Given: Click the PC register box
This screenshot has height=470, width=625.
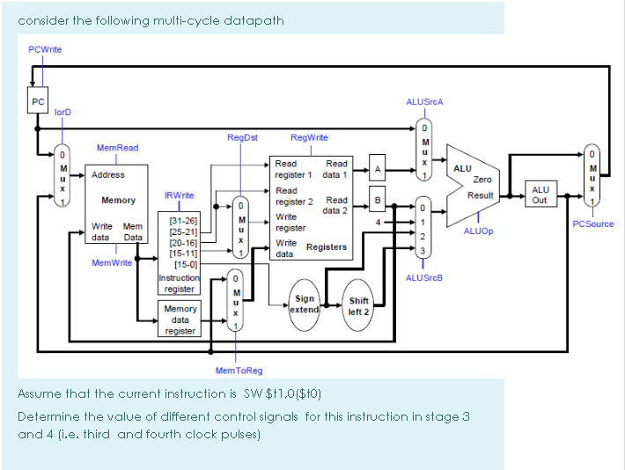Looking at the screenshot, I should (x=38, y=101).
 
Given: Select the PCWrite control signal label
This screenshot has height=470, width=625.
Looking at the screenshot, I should (x=45, y=49).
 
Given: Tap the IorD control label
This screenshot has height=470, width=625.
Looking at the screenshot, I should (x=63, y=113).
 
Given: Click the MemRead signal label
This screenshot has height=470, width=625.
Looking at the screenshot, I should (x=117, y=148).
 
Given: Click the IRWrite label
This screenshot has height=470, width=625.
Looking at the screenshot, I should (x=180, y=195).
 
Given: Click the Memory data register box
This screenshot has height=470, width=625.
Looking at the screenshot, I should (x=180, y=319).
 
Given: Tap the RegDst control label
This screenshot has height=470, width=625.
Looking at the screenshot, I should (x=242, y=137).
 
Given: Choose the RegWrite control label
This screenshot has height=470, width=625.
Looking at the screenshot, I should (x=309, y=137).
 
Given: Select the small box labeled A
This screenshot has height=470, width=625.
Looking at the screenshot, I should (x=377, y=168).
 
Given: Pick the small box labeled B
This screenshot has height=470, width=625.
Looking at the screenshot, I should (x=377, y=202).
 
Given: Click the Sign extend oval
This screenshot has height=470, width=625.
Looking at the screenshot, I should (x=305, y=305).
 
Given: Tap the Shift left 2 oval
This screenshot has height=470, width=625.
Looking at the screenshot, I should (x=358, y=305).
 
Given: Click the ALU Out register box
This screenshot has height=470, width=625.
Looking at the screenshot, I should (x=540, y=195).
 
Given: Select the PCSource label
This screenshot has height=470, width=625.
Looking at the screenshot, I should (x=592, y=224).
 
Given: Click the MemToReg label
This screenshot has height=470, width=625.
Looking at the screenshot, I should (x=234, y=371).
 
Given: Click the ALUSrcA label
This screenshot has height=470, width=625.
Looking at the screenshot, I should (x=424, y=101).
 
